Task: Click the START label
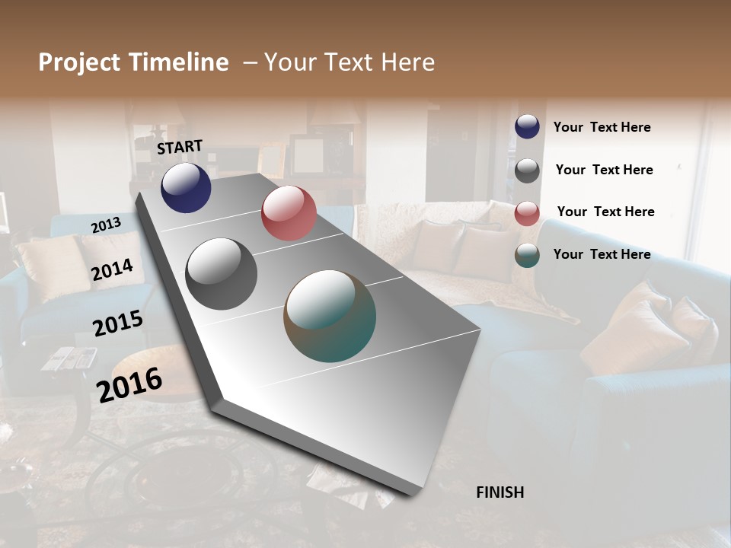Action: [x=180, y=147]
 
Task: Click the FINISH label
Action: [x=500, y=492]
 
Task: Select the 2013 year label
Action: [x=106, y=225]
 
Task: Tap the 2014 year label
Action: [x=113, y=270]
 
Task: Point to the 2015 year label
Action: [x=118, y=323]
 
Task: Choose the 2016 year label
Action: [x=129, y=384]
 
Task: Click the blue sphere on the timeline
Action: [x=186, y=187]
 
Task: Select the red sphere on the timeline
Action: [x=289, y=213]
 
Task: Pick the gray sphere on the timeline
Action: [x=221, y=274]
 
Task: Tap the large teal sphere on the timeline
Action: [x=330, y=316]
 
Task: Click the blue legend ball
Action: [x=527, y=127]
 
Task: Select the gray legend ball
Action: [x=527, y=170]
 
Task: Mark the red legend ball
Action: [x=527, y=213]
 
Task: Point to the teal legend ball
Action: [x=527, y=255]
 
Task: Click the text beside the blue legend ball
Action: [x=602, y=127]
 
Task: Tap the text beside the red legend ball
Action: [x=605, y=212]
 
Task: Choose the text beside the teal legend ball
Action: [x=602, y=254]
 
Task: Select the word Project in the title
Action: [x=78, y=62]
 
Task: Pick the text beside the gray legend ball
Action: [x=604, y=170]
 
